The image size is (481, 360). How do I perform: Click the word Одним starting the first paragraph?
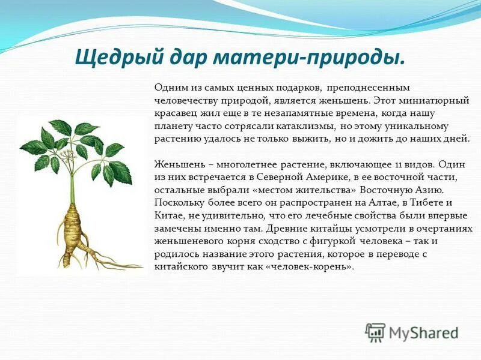coord(169,88)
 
